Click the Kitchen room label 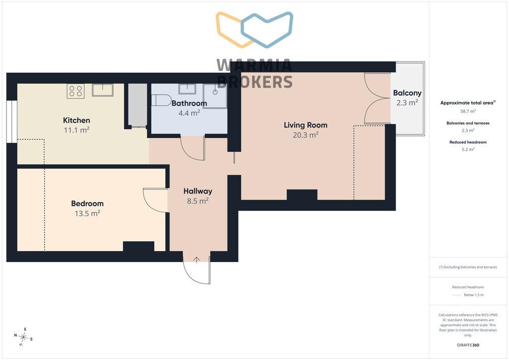pos(76,120)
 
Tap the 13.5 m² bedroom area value pos(87,213)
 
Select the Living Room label pos(306,125)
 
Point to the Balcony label pos(407,93)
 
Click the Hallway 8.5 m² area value pos(197,201)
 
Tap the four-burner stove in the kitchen pos(76,91)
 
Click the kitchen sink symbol pos(102,90)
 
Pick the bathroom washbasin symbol pos(187,89)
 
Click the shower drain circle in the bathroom pos(215,92)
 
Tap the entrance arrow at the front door pos(196,260)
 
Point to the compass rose pos(23,337)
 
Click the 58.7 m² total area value pos(468,111)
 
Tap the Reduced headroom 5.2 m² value pos(468,149)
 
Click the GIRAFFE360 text pos(468,345)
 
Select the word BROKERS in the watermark pos(255,82)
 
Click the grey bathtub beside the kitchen pos(137,105)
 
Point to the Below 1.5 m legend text pos(474,295)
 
